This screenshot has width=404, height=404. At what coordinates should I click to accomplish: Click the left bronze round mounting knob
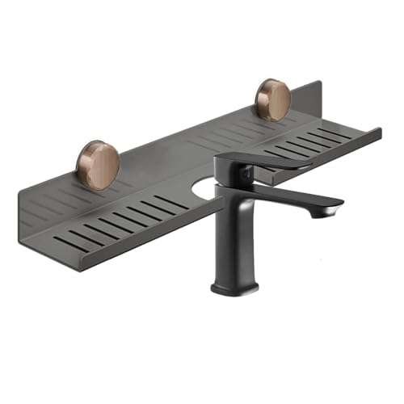pyautogui.click(x=99, y=166)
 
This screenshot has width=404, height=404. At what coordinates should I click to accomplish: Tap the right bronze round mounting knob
pyautogui.click(x=273, y=100)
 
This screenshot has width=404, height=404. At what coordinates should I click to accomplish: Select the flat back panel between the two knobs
pyautogui.click(x=186, y=133)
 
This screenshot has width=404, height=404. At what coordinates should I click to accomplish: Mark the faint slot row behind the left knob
pyautogui.click(x=65, y=194)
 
